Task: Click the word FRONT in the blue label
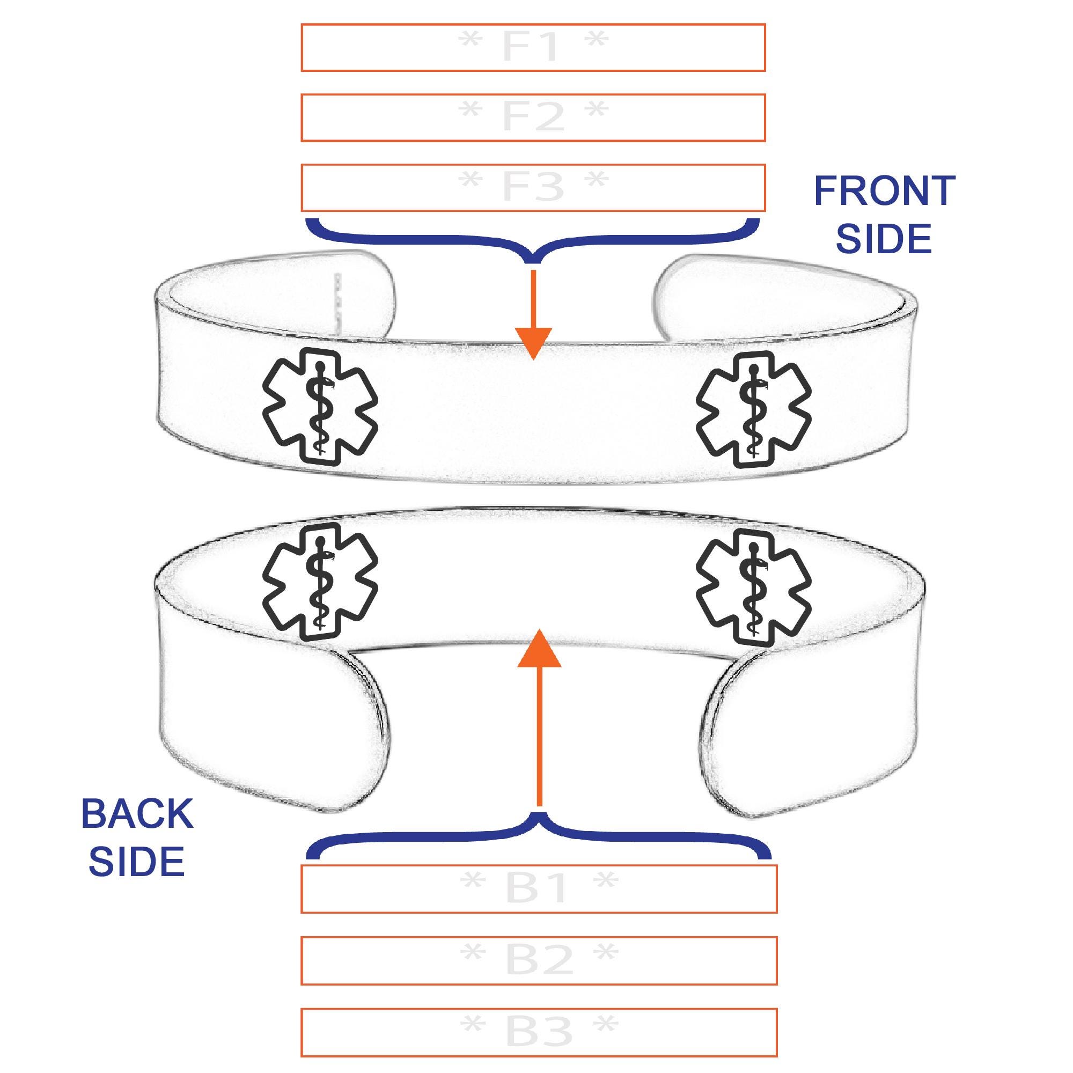click(884, 191)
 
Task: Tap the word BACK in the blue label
click(137, 814)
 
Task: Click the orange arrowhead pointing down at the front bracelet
click(533, 343)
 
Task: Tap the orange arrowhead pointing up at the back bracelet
click(539, 649)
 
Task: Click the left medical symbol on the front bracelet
click(320, 406)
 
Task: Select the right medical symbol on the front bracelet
click(754, 409)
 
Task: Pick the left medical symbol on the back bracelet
click(320, 582)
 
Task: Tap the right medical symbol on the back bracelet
click(754, 587)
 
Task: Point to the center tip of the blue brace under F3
click(533, 262)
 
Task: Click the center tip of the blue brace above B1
click(539, 814)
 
